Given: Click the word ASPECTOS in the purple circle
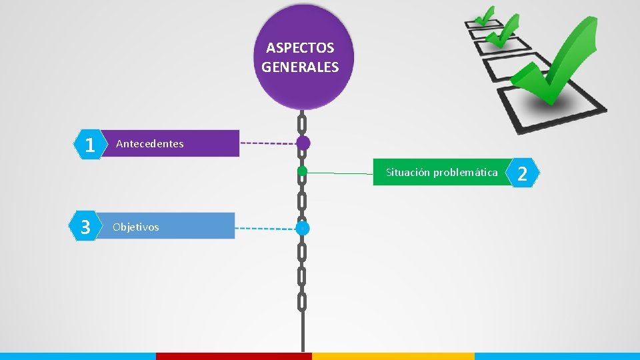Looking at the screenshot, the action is (300, 48).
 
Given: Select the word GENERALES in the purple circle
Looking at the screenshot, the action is (300, 67).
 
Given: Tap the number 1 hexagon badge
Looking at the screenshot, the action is (89, 144).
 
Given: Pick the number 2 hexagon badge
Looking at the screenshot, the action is (523, 174).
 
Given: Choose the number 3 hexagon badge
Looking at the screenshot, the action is (85, 227).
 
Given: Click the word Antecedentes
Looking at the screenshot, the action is (150, 144).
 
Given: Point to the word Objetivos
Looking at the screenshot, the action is (136, 227).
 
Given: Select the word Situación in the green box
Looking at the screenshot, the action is (408, 173).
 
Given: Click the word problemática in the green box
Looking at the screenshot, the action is (465, 173).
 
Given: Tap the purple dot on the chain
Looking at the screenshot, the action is (303, 143).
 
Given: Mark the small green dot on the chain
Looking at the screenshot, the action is (302, 171).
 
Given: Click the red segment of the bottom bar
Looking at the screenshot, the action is (233, 356).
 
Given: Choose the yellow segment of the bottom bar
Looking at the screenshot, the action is (393, 356).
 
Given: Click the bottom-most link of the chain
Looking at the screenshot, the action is (302, 302).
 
